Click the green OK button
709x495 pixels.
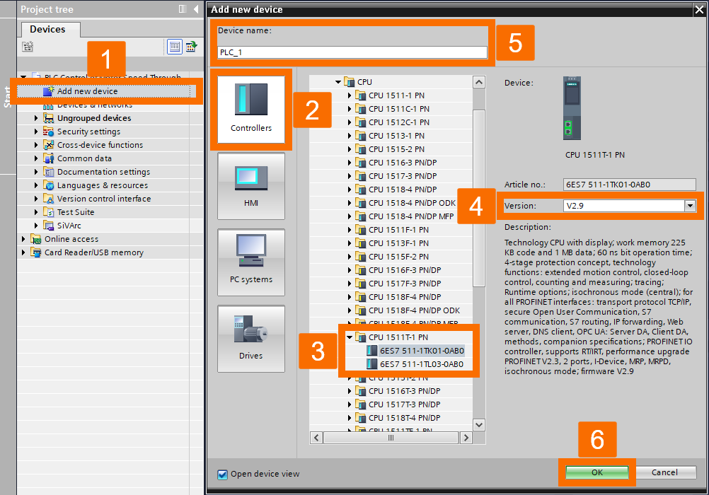(596, 472)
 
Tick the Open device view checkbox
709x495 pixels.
(223, 474)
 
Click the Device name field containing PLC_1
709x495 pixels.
(352, 52)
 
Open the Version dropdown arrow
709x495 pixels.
(690, 206)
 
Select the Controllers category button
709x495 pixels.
(251, 109)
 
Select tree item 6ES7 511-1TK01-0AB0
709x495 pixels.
(422, 351)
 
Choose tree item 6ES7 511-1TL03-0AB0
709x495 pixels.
(422, 364)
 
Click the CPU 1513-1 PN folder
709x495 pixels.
(396, 136)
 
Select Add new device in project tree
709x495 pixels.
(88, 91)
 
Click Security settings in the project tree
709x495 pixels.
(88, 132)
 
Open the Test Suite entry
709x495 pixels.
(76, 212)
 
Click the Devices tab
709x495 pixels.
(48, 30)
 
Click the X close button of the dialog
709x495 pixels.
(700, 9)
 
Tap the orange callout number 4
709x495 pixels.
(476, 206)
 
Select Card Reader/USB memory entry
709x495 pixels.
(94, 252)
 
